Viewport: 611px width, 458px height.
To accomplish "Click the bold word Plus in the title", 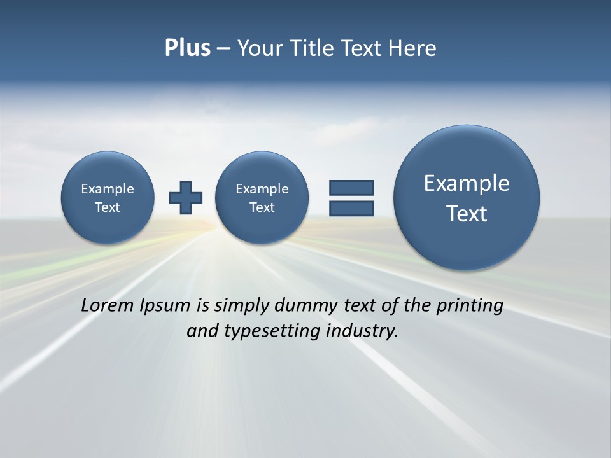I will point(187,48).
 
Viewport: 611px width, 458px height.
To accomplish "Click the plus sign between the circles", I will point(186,198).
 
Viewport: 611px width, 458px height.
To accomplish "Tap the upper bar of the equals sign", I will point(351,188).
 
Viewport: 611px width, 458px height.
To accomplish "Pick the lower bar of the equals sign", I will point(351,208).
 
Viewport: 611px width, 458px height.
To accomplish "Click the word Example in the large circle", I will point(467,183).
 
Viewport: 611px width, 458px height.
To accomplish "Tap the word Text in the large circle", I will point(467,214).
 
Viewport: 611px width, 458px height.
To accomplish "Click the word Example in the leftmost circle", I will point(108,189).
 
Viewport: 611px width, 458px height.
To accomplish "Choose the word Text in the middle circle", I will point(262,207).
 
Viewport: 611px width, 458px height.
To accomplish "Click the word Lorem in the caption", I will point(108,305).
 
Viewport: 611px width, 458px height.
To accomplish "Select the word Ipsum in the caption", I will point(165,305).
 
